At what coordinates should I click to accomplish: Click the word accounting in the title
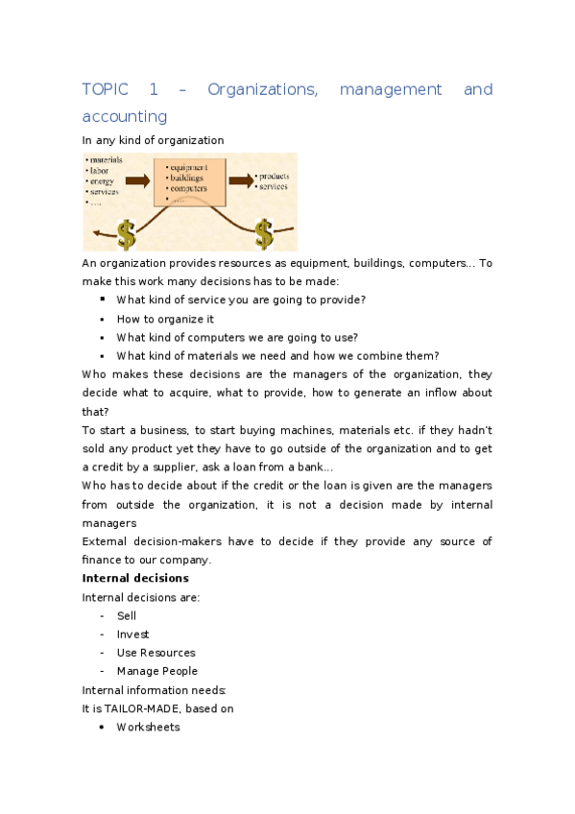click(x=125, y=116)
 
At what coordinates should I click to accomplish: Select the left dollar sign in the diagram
click(x=127, y=232)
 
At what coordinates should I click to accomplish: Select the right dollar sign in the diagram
click(x=264, y=232)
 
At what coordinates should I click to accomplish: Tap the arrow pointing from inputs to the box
click(x=138, y=180)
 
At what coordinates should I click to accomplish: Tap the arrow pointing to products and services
click(x=241, y=179)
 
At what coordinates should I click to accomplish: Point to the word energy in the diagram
click(x=102, y=180)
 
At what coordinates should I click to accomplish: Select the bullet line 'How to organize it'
click(x=165, y=319)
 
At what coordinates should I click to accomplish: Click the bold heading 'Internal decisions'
click(x=135, y=578)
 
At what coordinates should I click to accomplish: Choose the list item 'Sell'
click(x=126, y=615)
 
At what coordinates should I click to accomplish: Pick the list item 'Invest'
click(x=132, y=634)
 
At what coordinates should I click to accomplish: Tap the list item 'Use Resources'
click(x=156, y=653)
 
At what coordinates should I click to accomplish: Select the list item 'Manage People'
click(x=157, y=671)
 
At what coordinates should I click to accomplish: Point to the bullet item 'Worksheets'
click(x=148, y=727)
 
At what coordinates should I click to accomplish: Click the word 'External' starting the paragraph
click(x=105, y=541)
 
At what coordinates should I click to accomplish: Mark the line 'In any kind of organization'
click(x=153, y=140)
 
